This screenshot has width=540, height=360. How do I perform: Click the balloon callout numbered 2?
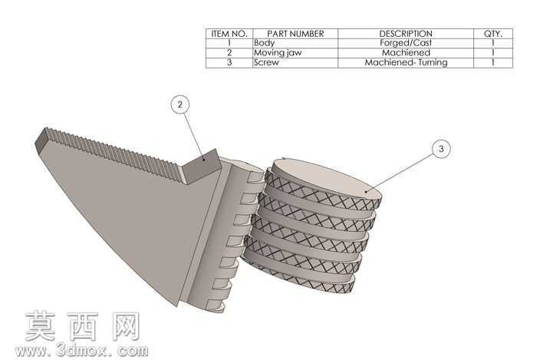180,104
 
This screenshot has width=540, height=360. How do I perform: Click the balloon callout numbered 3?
441,149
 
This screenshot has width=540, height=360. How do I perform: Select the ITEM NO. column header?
229,34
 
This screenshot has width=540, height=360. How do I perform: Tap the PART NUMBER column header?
295,34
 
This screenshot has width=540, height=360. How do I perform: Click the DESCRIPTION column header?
406,34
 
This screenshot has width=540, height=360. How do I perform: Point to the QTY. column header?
493,34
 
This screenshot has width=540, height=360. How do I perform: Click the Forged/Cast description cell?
406,43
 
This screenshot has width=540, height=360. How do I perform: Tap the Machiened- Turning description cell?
406,62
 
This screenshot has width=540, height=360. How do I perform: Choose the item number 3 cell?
229,62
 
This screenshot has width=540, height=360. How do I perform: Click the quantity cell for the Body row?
493,43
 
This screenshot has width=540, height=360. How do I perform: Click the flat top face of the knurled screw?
328,180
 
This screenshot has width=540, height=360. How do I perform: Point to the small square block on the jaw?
202,166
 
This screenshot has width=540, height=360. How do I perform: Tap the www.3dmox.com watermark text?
81,350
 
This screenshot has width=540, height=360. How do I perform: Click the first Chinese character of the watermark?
41,326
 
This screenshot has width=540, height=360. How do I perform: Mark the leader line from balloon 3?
400,172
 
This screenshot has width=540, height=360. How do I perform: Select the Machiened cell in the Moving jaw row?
406,53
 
